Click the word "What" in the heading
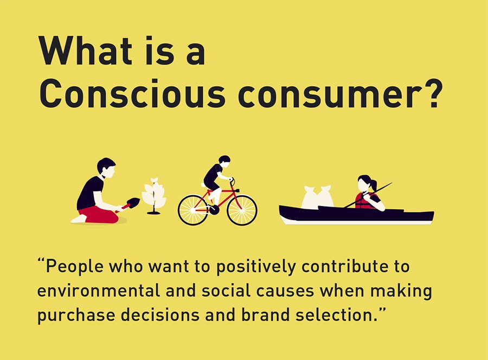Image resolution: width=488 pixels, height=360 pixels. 85,50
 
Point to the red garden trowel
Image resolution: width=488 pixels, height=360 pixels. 129,204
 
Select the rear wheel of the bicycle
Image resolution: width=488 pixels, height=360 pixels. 193,210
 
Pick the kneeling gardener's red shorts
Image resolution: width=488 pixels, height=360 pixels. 99,215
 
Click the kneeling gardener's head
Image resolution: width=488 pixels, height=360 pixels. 106,168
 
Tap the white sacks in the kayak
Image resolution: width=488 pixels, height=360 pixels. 317,197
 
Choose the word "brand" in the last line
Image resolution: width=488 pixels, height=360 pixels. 266,314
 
